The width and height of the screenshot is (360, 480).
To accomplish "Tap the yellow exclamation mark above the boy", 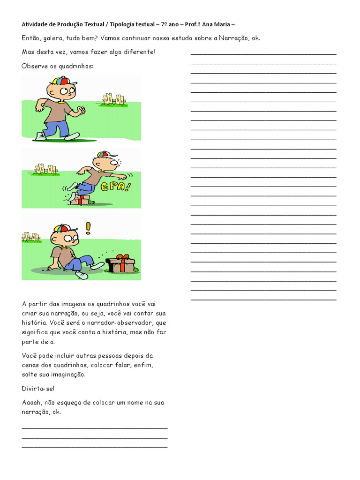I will (87, 228).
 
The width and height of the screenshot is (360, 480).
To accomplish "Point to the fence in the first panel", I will (114, 99).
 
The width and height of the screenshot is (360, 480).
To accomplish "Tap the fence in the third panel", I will (31, 237).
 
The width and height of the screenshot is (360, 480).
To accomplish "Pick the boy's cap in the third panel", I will (62, 228).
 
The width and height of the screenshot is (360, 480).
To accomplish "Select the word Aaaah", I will (32, 403).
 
